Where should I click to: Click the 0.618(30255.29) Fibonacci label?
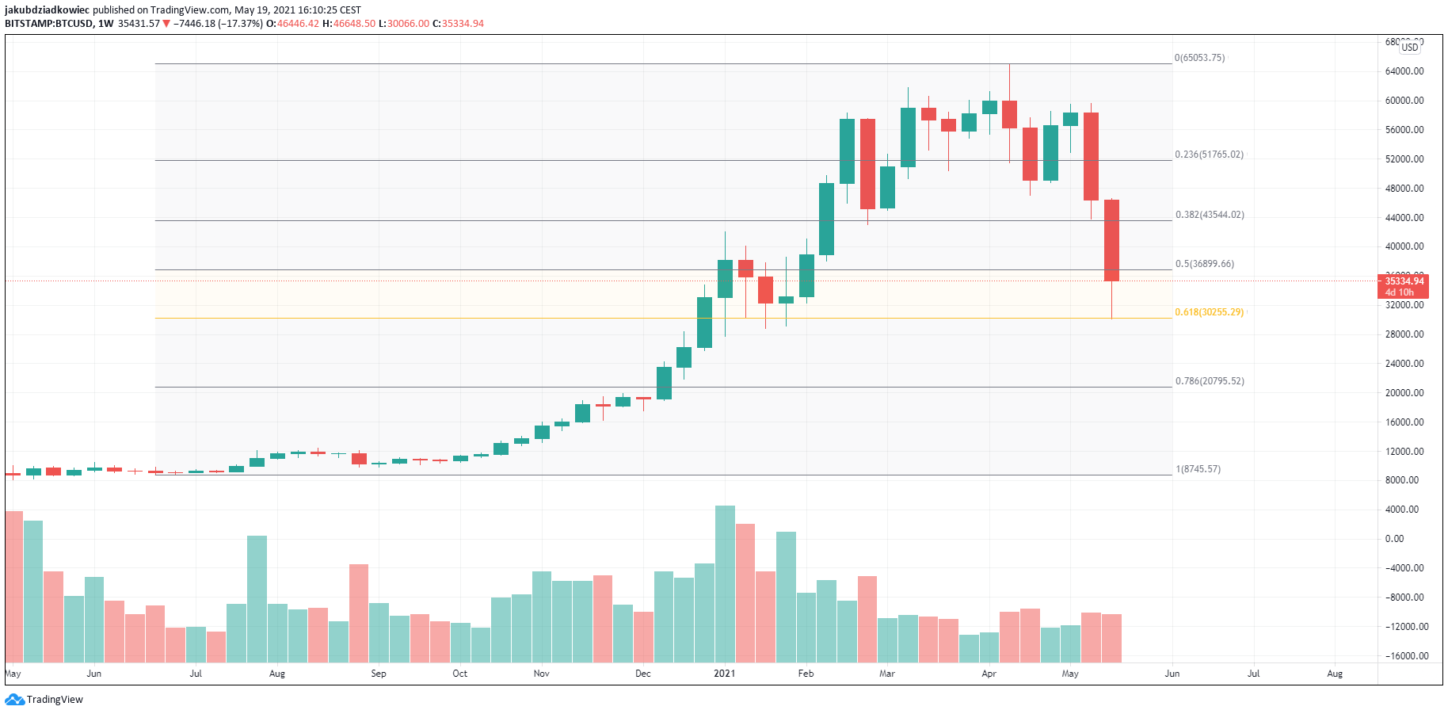[x=1209, y=312]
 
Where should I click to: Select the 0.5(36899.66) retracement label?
[x=1204, y=264]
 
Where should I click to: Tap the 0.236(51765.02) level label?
[x=1209, y=155]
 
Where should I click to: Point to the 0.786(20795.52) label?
[x=1209, y=381]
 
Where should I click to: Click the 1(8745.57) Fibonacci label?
[x=1198, y=469]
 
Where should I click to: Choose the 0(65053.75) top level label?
[x=1199, y=58]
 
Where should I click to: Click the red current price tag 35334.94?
[x=1404, y=281]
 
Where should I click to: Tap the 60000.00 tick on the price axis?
[x=1404, y=101]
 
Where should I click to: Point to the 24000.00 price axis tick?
[x=1404, y=364]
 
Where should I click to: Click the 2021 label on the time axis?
[x=724, y=674]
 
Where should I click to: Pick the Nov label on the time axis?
[x=541, y=674]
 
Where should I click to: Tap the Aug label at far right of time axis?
[x=1335, y=674]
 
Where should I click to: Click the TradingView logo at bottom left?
[x=44, y=700]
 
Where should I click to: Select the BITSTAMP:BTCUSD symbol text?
[x=48, y=24]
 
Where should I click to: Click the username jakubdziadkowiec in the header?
[x=47, y=10]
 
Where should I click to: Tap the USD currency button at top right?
[x=1410, y=48]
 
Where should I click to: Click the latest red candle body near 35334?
[x=1111, y=240]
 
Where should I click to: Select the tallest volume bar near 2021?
[x=725, y=583]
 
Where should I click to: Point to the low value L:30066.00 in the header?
[x=404, y=24]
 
